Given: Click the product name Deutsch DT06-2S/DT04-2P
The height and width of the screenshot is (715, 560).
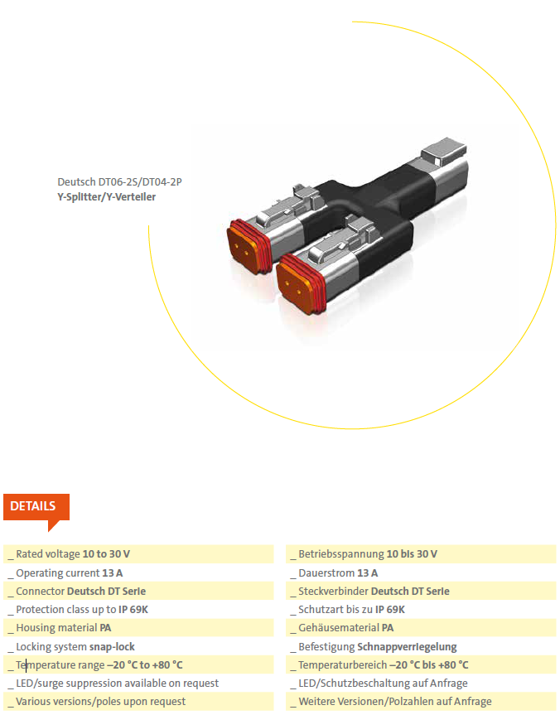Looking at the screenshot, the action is pos(119,182).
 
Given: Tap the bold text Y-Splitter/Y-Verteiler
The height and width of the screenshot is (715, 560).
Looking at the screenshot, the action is pos(106,197).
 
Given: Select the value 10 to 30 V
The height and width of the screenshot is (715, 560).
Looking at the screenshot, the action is pos(106,554).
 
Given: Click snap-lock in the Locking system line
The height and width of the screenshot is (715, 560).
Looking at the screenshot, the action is pos(112,646).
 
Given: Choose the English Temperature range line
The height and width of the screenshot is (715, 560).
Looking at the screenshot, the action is pos(99,664).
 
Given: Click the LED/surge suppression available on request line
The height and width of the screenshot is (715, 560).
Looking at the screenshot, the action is pos(117,683).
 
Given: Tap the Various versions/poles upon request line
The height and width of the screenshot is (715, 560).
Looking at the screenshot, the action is pos(101,701).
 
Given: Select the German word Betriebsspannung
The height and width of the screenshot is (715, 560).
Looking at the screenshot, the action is pos(341,554).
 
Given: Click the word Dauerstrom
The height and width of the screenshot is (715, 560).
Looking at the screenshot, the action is pos(326,572).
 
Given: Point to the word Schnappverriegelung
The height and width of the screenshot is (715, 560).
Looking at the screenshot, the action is pos(408,646).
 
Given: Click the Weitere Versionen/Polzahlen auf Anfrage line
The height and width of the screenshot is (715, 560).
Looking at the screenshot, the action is pos(395,701).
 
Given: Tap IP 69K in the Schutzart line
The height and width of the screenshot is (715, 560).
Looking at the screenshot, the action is pos(390,610).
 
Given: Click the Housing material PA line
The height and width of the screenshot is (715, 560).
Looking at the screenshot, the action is pos(64,628).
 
